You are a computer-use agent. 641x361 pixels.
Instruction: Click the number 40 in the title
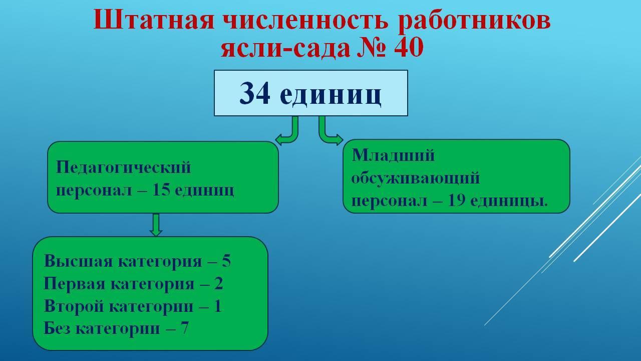coord(408,48)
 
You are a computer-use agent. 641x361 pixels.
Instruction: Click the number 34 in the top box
coord(255,93)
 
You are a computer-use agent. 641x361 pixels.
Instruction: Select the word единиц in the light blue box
coord(331,95)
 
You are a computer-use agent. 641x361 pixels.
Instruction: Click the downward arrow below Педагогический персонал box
coord(156,225)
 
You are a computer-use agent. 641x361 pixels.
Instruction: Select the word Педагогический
coord(123,168)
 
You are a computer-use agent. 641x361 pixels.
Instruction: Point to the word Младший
coord(393,156)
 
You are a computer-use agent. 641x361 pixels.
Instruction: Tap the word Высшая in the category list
coord(78,261)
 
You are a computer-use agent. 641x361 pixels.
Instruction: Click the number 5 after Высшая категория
coord(226,261)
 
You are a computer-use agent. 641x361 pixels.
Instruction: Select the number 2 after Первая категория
coord(218,284)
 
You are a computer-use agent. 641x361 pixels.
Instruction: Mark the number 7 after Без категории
coord(185,328)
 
